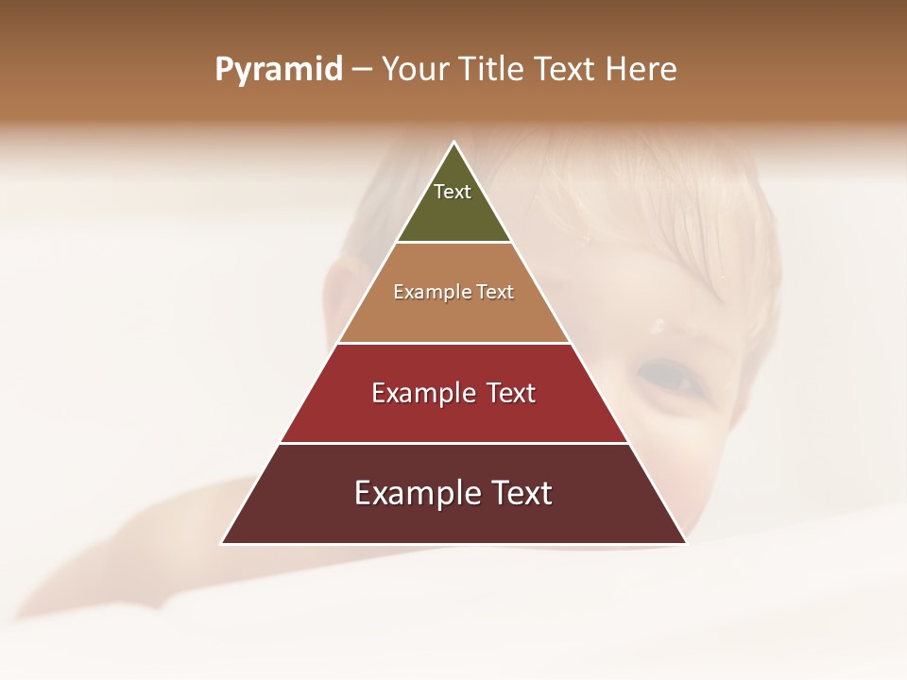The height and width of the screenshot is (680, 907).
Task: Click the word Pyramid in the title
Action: click(278, 70)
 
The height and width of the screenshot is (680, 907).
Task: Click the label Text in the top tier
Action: click(453, 192)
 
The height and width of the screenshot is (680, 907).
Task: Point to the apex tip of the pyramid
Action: click(453, 143)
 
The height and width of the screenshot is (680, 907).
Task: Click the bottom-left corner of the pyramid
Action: click(222, 543)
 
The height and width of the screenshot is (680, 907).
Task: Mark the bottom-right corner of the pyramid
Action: click(686, 543)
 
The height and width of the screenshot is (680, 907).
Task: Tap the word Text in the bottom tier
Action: click(518, 493)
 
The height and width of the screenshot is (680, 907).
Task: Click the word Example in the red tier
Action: click(422, 393)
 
